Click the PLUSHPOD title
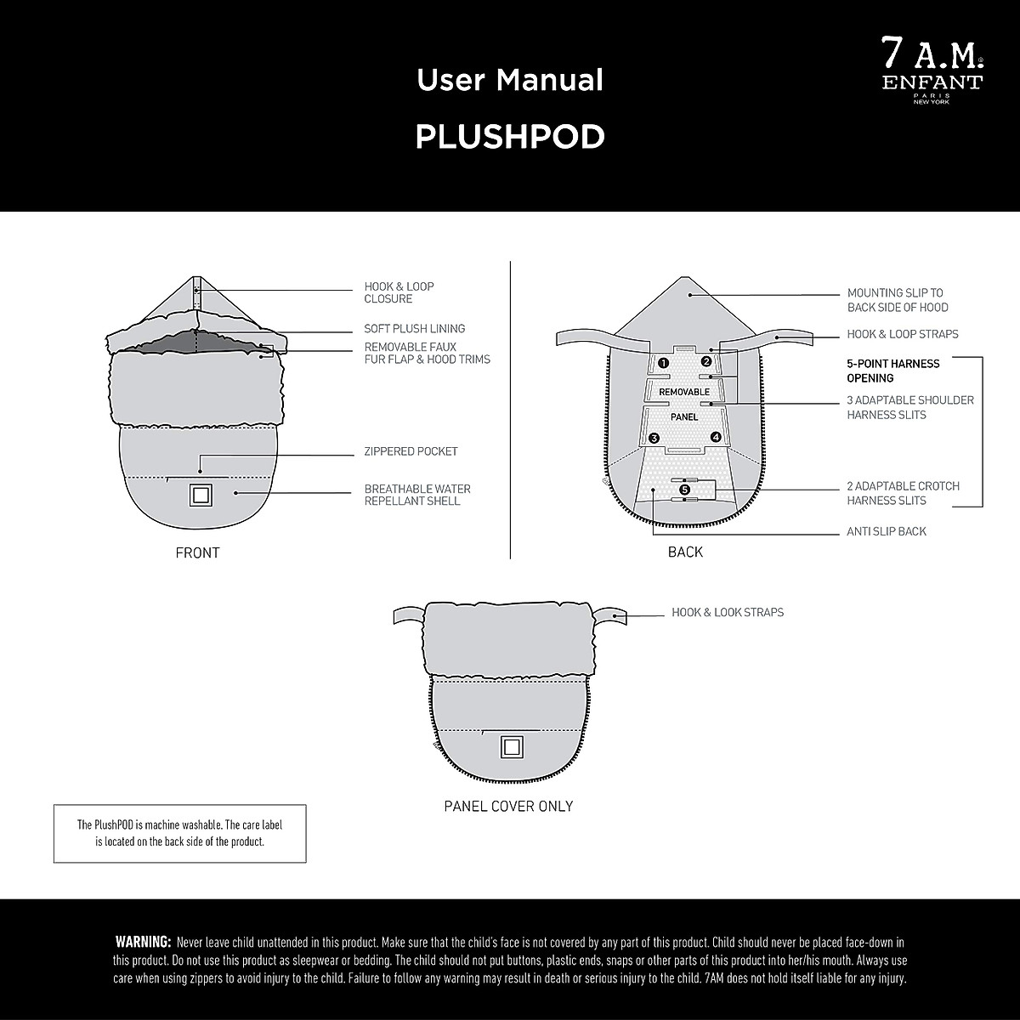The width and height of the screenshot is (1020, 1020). click(510, 137)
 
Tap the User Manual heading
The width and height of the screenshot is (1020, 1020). click(510, 80)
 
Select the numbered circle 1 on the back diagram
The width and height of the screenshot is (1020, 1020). click(663, 363)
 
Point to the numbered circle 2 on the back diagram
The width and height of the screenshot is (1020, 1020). click(705, 361)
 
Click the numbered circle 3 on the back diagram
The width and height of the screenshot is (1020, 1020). click(654, 438)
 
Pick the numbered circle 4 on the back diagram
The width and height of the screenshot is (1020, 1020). click(716, 437)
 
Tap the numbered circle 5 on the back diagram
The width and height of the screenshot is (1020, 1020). click(685, 490)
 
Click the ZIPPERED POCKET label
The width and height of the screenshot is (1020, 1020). click(411, 451)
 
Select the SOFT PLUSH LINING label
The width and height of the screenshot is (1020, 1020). click(415, 329)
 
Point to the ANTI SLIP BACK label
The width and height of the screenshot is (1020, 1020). click(887, 531)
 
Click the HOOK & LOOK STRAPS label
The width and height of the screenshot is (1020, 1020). click(728, 612)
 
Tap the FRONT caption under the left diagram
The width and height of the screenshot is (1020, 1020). click(197, 552)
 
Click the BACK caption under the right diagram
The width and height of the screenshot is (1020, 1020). click(685, 552)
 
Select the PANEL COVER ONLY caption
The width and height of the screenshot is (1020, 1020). click(508, 806)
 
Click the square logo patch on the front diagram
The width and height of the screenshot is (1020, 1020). click(201, 495)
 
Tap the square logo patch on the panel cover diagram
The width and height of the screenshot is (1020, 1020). click(510, 746)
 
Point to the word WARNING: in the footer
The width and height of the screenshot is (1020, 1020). click(143, 942)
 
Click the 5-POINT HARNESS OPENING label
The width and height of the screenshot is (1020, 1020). click(892, 371)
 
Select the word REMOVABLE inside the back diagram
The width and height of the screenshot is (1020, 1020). click(684, 392)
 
